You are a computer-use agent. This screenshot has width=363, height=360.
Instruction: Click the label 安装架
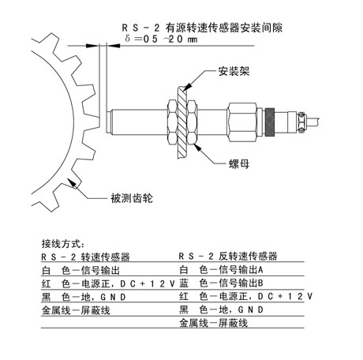234,71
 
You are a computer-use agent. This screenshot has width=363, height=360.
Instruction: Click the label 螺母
239,163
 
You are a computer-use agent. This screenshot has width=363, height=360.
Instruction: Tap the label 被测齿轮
132,198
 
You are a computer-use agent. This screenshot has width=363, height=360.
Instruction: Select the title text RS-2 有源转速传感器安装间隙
202,28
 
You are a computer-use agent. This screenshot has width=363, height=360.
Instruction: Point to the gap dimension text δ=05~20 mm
161,39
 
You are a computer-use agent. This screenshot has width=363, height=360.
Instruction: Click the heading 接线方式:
63,244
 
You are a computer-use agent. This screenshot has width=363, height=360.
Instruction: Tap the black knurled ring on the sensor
270,122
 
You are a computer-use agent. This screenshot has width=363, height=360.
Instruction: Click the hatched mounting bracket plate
181,122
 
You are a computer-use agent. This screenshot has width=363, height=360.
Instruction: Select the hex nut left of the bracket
172,122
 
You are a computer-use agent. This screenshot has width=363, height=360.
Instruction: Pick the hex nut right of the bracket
192,122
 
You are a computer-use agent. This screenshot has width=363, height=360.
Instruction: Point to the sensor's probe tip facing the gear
109,122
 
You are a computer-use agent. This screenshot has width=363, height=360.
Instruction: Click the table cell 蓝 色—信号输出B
221,283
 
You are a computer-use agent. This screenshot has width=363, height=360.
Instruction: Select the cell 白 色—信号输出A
221,269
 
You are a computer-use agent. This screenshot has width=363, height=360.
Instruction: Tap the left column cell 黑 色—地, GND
84,297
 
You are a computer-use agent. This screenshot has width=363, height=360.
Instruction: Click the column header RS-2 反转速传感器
228,256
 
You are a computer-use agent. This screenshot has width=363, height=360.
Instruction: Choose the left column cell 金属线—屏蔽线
76,310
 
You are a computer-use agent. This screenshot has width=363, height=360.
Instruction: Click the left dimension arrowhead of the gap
92,46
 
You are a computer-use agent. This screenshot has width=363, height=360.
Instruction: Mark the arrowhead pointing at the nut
198,147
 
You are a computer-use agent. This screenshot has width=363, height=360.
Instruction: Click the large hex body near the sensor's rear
242,122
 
